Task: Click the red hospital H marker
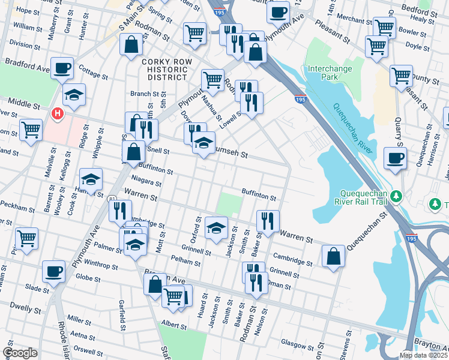[57, 113]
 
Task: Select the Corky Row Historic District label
[164, 69]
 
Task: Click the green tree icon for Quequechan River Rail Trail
[396, 196]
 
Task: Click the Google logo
[20, 353]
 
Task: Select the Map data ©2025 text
[423, 355]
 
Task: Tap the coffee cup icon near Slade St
[54, 271]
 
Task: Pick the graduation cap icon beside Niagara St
[91, 179]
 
